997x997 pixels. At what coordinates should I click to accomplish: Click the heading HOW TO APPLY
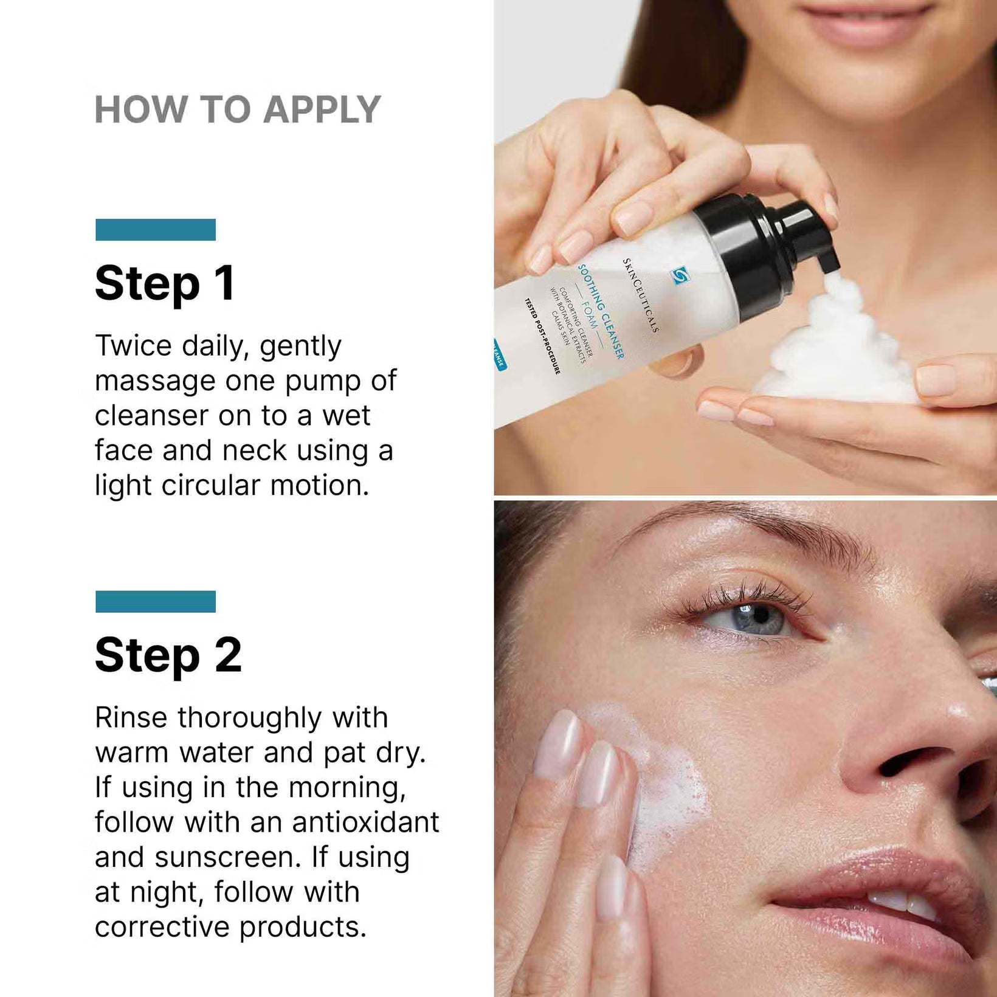tap(237, 110)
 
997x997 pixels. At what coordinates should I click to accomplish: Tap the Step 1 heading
tap(165, 283)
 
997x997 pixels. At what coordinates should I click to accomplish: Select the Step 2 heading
tap(168, 655)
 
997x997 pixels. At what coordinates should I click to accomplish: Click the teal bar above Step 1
tap(156, 230)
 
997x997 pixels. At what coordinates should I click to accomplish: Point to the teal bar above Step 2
tap(156, 601)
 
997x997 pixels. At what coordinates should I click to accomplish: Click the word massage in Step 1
tap(155, 382)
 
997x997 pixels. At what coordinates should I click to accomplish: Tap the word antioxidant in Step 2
tap(365, 823)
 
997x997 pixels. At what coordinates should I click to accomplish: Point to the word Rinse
tap(131, 718)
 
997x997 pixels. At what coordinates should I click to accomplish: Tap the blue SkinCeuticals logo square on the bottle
tap(679, 276)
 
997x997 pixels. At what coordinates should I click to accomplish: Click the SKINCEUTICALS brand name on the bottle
tap(640, 295)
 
